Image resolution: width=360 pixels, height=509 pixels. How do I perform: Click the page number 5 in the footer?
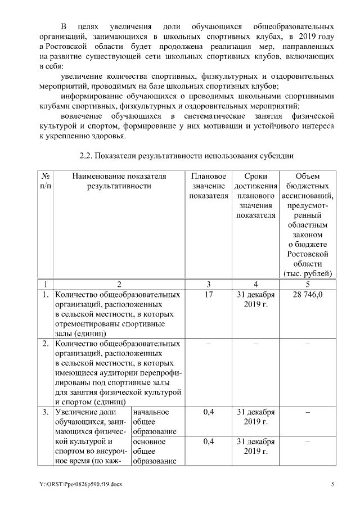click(x=332, y=484)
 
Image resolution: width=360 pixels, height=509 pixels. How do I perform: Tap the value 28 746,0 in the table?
click(x=307, y=295)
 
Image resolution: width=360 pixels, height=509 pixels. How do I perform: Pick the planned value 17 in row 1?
click(x=209, y=295)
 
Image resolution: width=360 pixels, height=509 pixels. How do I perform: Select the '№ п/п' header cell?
click(x=46, y=181)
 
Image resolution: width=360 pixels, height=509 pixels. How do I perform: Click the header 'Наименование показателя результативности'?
click(x=119, y=181)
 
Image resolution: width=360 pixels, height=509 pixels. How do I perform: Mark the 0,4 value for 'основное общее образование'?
click(x=209, y=442)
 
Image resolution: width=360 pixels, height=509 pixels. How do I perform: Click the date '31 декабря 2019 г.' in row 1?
click(x=256, y=300)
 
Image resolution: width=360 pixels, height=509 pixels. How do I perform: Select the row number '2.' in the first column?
click(x=46, y=343)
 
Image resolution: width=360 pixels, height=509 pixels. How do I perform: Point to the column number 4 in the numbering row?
click(x=256, y=283)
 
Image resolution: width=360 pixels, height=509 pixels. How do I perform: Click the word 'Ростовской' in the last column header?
click(x=307, y=254)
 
